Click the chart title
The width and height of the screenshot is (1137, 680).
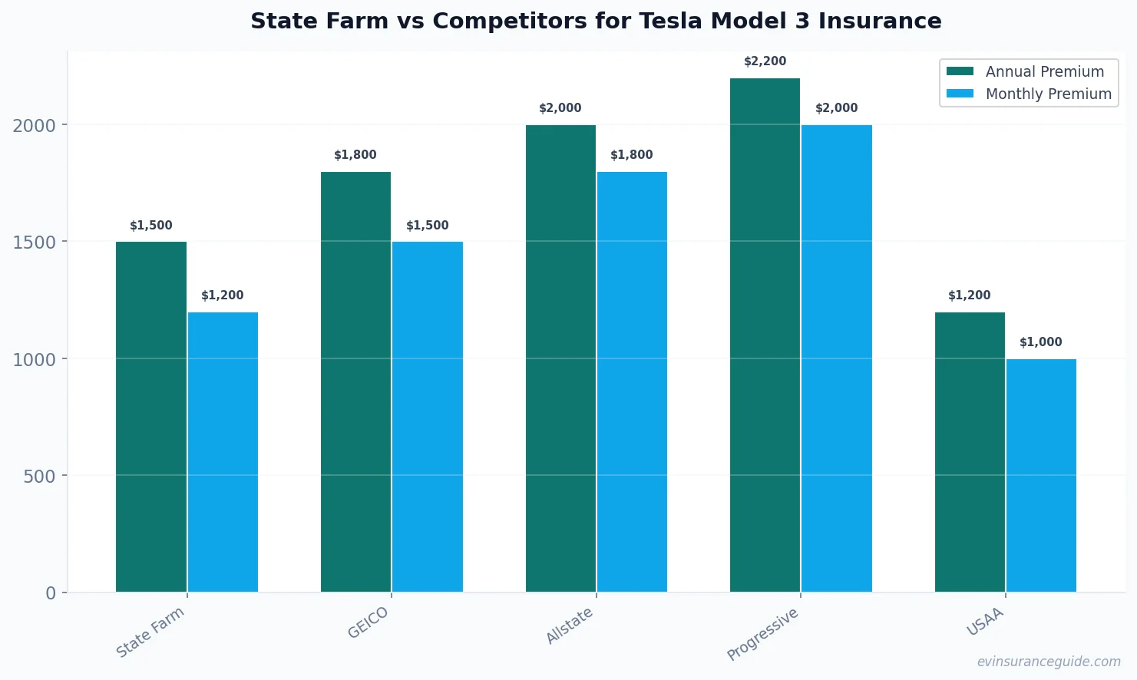click(x=596, y=21)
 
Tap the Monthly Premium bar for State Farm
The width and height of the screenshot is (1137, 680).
click(x=223, y=452)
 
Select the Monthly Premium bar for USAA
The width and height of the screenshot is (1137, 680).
click(x=1041, y=475)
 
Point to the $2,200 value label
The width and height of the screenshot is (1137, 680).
click(x=765, y=61)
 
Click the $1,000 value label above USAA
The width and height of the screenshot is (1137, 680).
click(x=1041, y=342)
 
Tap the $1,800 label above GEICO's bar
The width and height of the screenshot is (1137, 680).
click(x=355, y=155)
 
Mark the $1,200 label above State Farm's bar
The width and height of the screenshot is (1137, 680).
click(x=223, y=295)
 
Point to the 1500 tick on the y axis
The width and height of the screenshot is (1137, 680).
click(x=34, y=243)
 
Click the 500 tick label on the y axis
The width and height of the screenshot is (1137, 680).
click(x=39, y=477)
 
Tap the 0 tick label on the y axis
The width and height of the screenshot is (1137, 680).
click(x=51, y=593)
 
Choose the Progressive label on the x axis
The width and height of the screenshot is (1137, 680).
click(x=763, y=634)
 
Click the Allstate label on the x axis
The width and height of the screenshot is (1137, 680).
click(x=570, y=626)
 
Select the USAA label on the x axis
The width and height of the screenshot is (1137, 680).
click(x=985, y=622)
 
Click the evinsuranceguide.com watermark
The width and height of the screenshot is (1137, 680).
click(x=1049, y=662)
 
